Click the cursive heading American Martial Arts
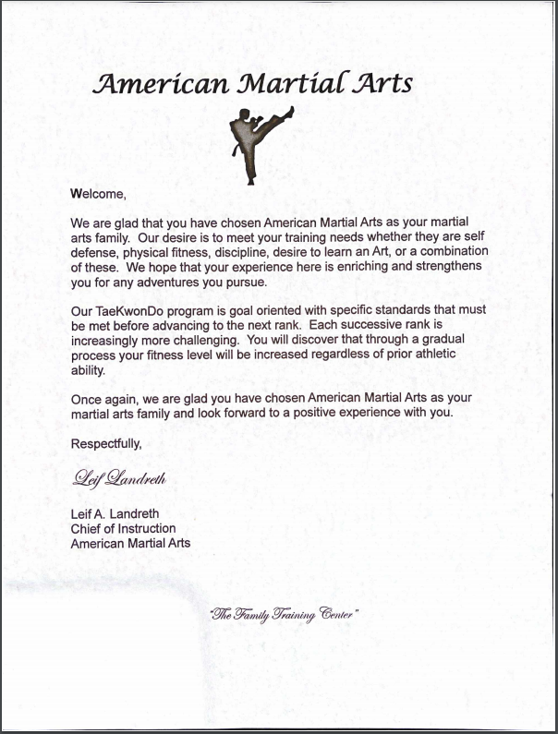click(x=254, y=84)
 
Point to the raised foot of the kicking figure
click(x=290, y=112)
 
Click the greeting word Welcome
click(x=97, y=194)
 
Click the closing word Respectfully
click(x=106, y=443)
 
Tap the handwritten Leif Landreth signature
click(x=118, y=478)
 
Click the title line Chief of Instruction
click(x=123, y=529)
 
